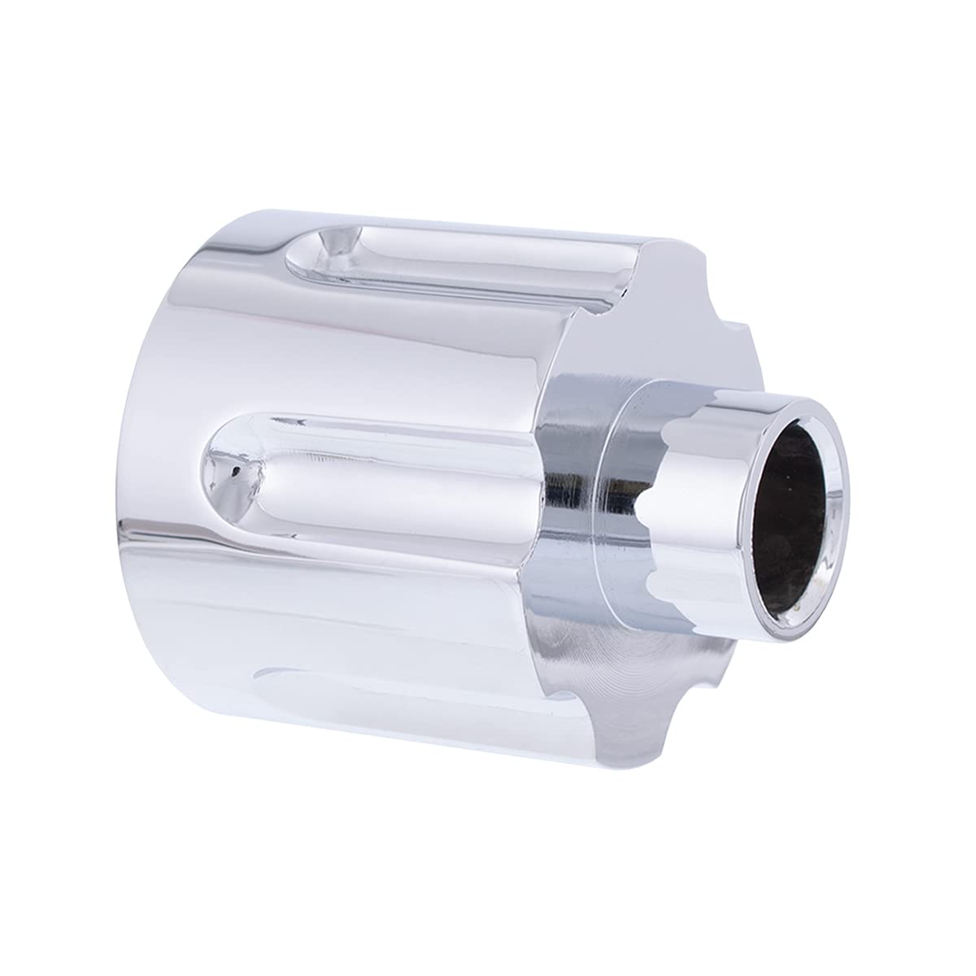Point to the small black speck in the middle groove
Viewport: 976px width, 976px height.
235,470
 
